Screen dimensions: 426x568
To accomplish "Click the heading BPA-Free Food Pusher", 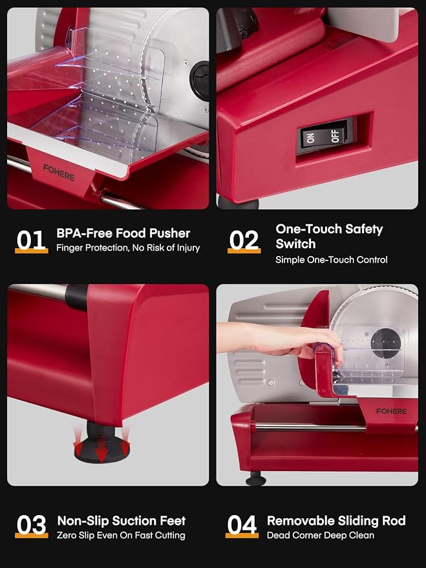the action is coord(123,233).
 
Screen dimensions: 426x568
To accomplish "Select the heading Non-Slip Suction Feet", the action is coord(122,521).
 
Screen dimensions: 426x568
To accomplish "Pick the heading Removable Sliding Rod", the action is coord(336,521).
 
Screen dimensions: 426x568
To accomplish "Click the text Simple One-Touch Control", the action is coord(332,260).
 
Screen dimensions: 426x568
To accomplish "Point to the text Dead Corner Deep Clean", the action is coord(321,536).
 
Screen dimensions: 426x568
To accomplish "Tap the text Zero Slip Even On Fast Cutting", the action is coord(121,536).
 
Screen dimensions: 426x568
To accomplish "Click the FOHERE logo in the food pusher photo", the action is coord(59,173).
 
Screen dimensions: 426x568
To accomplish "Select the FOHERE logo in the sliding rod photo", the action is coord(391,411).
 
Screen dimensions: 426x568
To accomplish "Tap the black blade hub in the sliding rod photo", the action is coord(385,343).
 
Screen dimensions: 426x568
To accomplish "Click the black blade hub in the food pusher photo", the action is coord(200,81).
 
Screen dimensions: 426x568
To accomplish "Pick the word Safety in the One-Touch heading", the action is coord(364,229).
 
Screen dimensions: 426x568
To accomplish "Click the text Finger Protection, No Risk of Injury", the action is coord(128,248).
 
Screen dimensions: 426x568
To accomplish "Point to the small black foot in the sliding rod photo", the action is coord(255,479).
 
